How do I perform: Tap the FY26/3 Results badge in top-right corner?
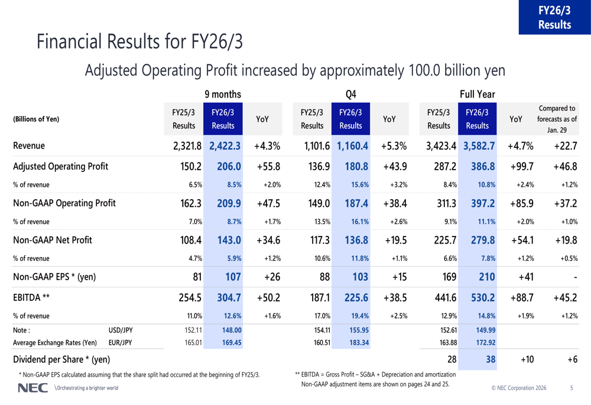click(554, 17)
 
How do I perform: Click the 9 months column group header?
click(222, 94)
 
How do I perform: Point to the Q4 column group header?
click(350, 94)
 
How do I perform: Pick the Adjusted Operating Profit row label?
click(60, 166)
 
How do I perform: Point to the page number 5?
click(571, 388)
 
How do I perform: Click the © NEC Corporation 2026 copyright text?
click(519, 388)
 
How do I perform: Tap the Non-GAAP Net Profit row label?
click(53, 240)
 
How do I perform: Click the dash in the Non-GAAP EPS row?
click(574, 277)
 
